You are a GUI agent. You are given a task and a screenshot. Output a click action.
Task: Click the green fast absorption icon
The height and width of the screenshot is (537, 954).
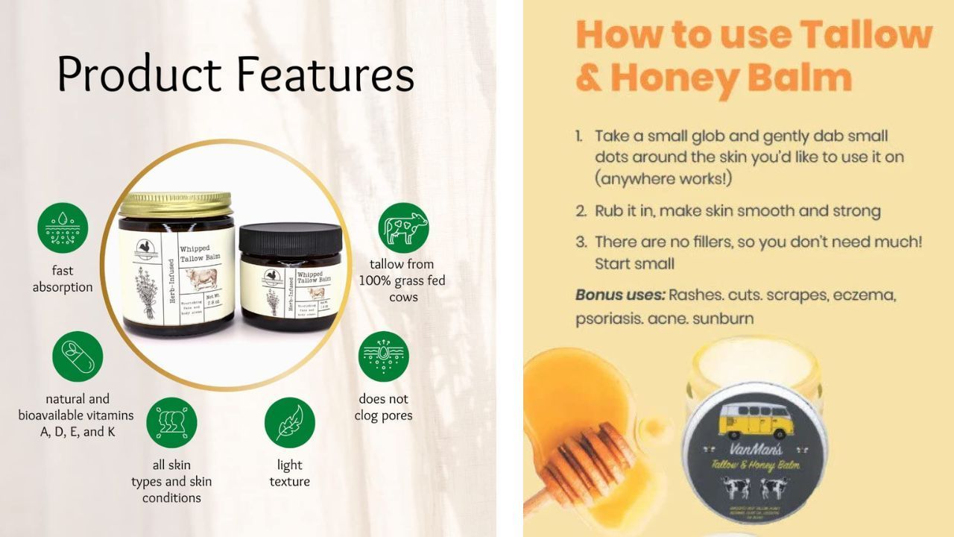pos(63,227)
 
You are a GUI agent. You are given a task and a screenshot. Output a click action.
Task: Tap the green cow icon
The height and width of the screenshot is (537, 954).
pos(403,227)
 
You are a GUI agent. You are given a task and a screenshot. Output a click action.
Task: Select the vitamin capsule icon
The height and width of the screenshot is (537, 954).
pos(78,357)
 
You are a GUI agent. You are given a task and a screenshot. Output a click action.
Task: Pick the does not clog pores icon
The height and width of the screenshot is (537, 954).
pos(384,357)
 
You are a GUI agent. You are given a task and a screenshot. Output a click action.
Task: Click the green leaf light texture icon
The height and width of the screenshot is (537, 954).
pos(290,423)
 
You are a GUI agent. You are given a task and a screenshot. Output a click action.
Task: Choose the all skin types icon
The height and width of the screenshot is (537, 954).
pos(171,423)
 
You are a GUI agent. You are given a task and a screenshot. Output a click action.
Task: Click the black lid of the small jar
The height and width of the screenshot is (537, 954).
pos(290,238)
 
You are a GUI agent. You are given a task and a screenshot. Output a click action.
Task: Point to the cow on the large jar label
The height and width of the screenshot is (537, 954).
pos(201,278)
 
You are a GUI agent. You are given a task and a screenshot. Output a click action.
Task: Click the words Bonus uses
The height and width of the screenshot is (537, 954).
pos(620,295)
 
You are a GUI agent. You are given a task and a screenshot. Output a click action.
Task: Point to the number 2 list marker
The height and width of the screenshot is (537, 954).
pos(581,211)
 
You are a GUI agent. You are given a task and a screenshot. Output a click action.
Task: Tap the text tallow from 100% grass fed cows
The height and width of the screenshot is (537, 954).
pos(402,280)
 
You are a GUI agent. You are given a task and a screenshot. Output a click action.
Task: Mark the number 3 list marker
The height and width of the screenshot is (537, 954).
pos(581,242)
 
